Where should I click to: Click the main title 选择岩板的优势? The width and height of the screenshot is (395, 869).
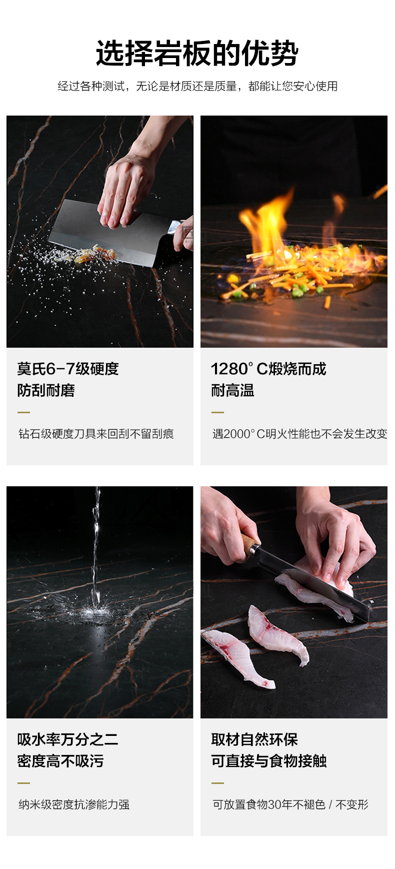pyautogui.click(x=197, y=54)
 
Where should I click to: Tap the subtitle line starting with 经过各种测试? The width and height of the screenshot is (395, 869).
pyautogui.click(x=197, y=86)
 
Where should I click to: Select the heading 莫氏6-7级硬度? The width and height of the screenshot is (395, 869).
pyautogui.click(x=68, y=369)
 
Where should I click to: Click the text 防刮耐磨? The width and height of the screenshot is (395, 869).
pyautogui.click(x=46, y=390)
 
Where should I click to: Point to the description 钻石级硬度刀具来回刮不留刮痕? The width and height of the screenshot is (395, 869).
pyautogui.click(x=96, y=434)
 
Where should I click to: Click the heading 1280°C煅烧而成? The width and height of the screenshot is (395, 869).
pyautogui.click(x=268, y=369)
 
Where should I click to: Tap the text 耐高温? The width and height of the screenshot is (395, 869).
pyautogui.click(x=232, y=390)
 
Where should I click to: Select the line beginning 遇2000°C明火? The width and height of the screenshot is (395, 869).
pyautogui.click(x=299, y=434)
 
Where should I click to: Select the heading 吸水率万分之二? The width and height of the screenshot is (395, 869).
pyautogui.click(x=67, y=739)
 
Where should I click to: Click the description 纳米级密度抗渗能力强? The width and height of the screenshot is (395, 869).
pyautogui.click(x=74, y=804)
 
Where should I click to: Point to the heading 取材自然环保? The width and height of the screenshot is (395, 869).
pyautogui.click(x=254, y=739)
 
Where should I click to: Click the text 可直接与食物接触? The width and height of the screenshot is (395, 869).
pyautogui.click(x=269, y=761)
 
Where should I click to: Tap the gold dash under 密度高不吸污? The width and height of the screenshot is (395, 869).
pyautogui.click(x=23, y=783)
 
